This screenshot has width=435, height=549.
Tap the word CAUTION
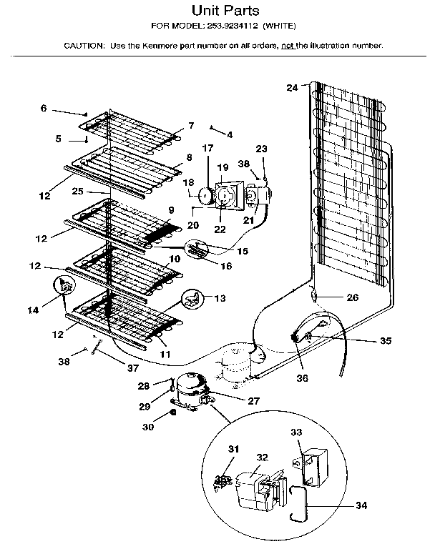coord(84,45)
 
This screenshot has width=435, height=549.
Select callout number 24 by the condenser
coord(291,88)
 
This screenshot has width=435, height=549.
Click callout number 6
coord(44,108)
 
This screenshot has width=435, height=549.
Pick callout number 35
coord(385,341)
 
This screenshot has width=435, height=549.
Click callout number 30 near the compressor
coord(148,427)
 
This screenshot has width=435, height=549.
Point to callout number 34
coord(361,505)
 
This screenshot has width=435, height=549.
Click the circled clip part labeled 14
coord(65,287)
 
